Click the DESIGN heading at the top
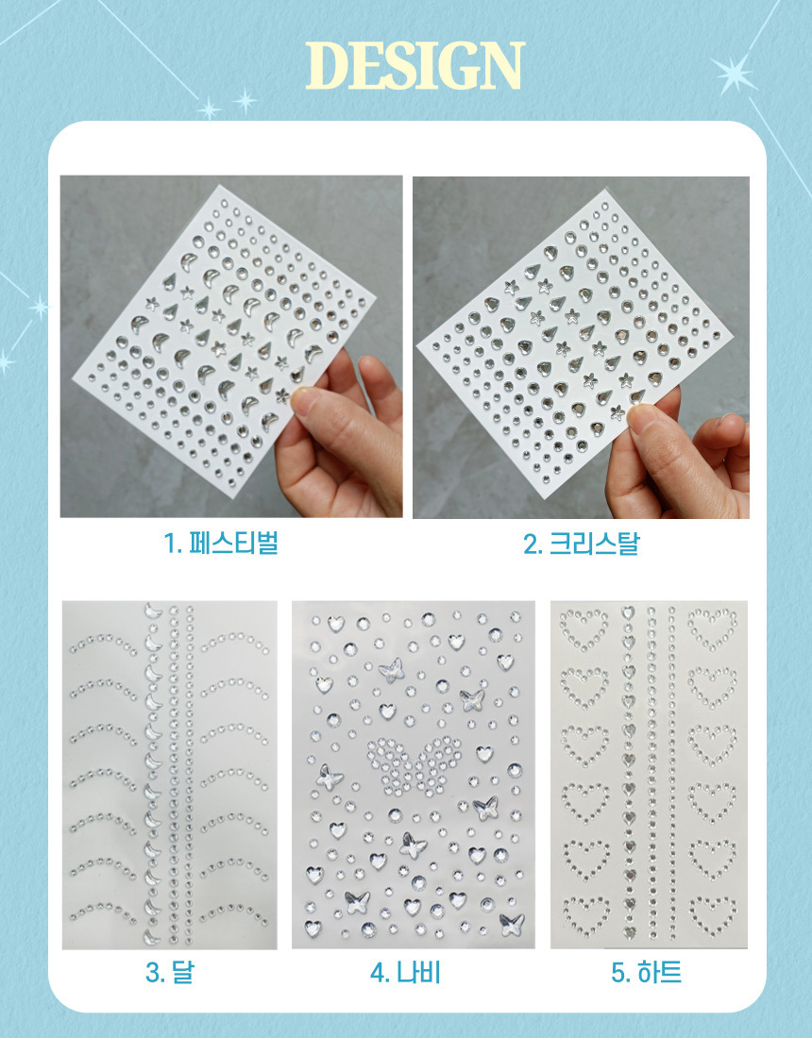point(415,65)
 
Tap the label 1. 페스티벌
point(221,543)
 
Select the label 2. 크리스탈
point(582,544)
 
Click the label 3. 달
point(170,973)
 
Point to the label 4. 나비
point(405,973)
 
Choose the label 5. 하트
point(646,973)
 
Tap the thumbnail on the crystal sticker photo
point(641,418)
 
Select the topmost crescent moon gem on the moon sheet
point(153,611)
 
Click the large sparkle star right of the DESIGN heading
point(734,73)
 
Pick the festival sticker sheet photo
point(231,346)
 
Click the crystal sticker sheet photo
point(581,347)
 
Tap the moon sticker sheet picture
point(170,775)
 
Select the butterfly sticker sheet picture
point(414,775)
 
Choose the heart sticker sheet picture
point(649,775)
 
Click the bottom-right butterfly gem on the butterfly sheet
point(512,924)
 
